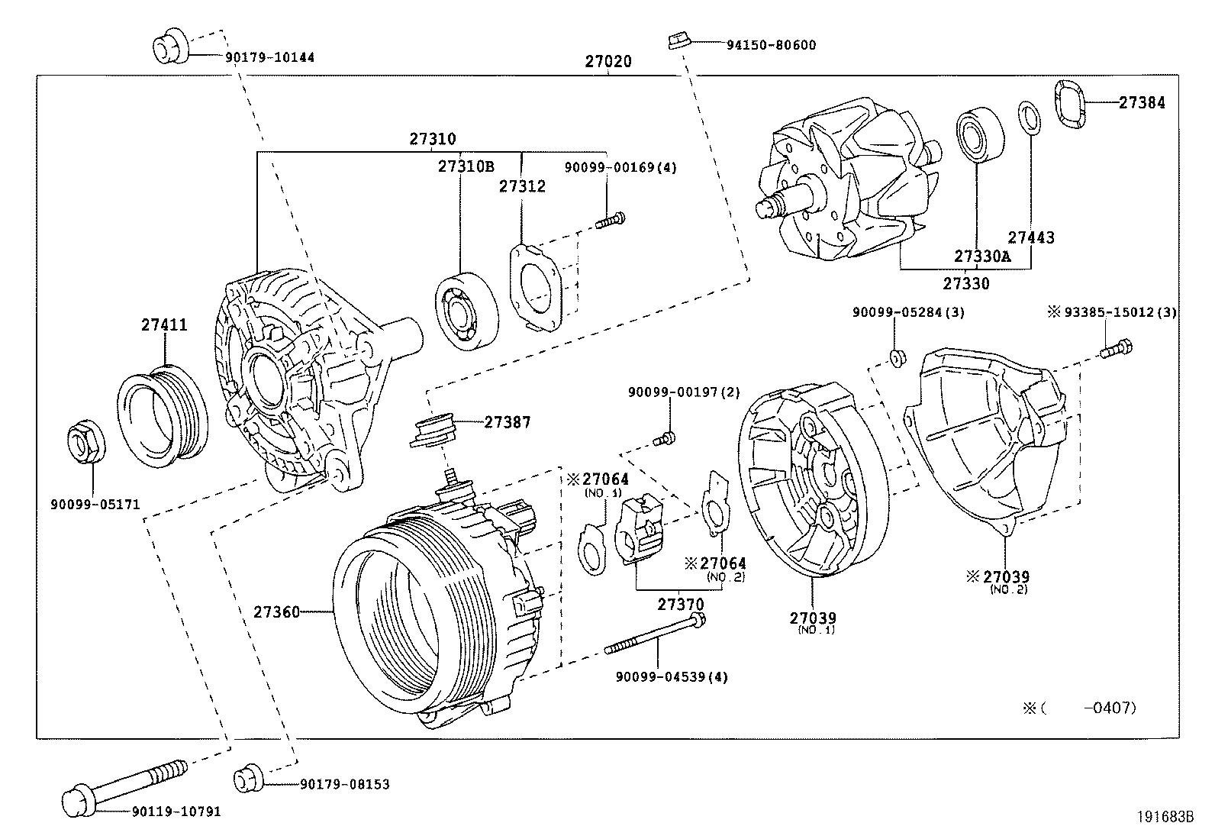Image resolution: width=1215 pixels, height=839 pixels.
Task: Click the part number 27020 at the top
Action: point(608,62)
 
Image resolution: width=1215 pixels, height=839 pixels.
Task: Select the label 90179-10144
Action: point(269,57)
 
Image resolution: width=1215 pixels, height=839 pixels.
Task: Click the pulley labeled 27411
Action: point(163,414)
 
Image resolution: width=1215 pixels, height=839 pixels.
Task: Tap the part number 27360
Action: point(277,612)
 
